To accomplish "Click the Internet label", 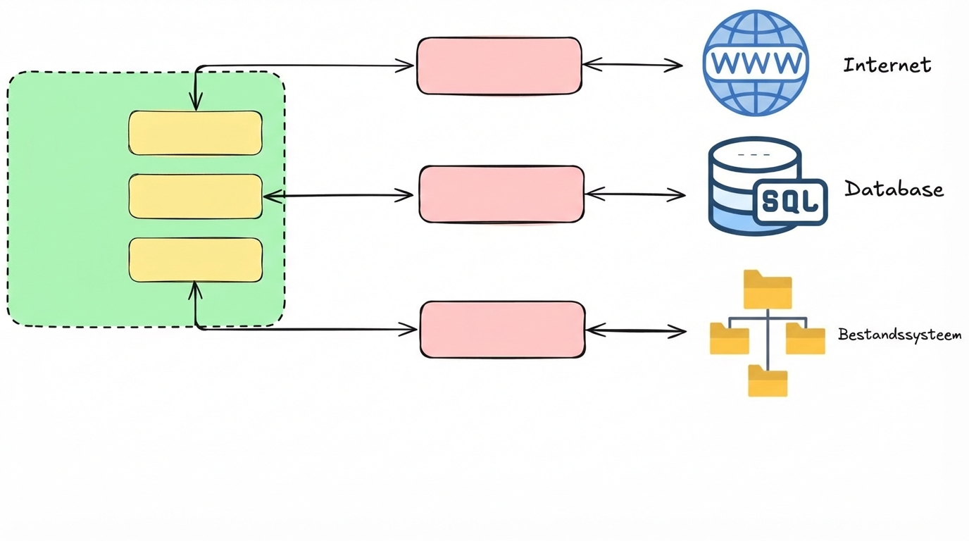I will click(x=887, y=66).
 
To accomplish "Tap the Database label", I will click(x=894, y=189).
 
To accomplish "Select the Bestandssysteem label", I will click(x=899, y=335).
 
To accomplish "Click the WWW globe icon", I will click(x=756, y=63).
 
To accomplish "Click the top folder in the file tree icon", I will click(x=768, y=290).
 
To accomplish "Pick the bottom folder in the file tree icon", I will click(x=768, y=381).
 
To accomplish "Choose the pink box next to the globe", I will click(x=499, y=66).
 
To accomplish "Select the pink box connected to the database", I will click(x=501, y=194).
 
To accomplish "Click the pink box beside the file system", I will click(x=502, y=330).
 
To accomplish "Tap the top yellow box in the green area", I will click(x=195, y=133).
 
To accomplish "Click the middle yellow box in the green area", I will click(x=195, y=197).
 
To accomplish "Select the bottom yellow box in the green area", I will click(x=195, y=260).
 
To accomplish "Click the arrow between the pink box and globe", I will click(x=632, y=66).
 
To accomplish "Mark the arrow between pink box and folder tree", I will click(x=636, y=330).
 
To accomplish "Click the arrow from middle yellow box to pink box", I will click(x=338, y=196).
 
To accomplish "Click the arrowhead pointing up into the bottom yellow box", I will click(x=195, y=288).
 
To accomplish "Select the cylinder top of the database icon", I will click(x=755, y=153).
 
